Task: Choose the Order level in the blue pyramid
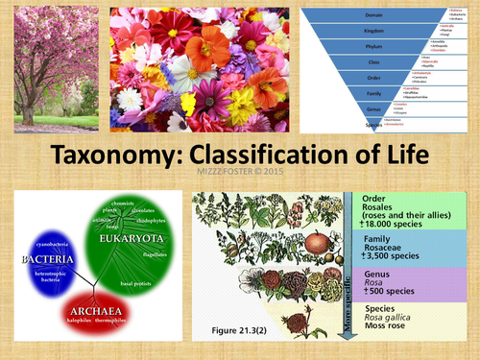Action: click(375, 79)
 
